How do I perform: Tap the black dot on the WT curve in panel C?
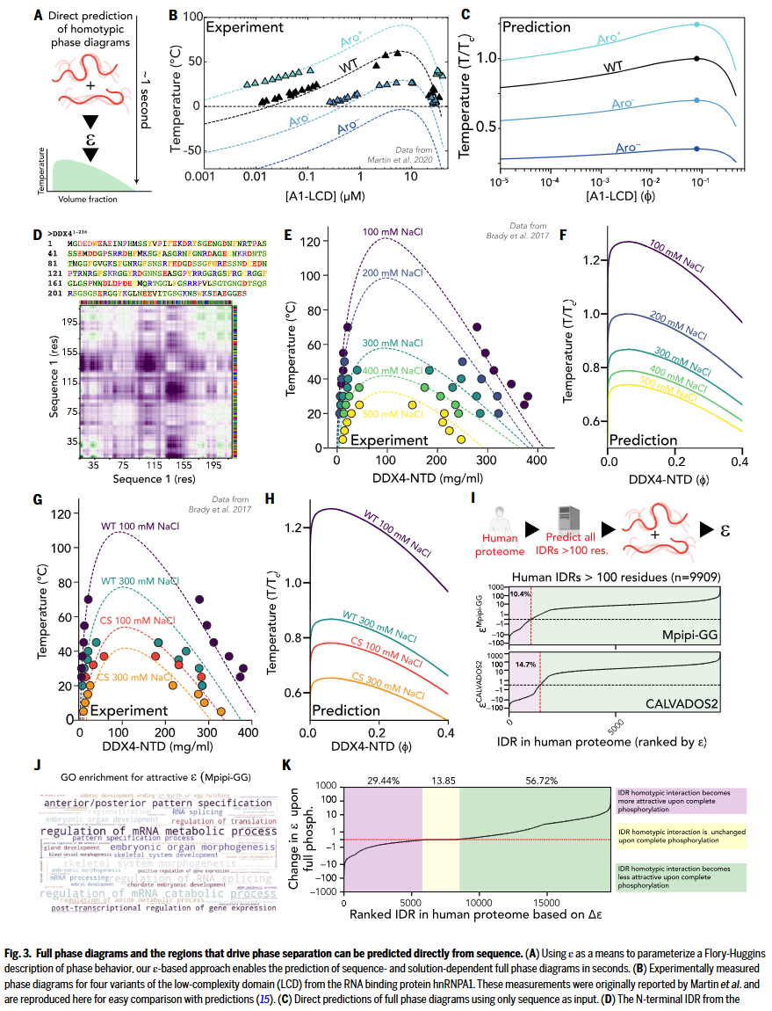click(696, 59)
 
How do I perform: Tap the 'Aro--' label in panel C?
click(630, 148)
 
